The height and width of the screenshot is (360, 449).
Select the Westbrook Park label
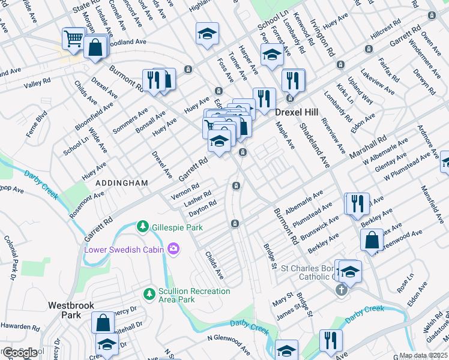tap(71, 310)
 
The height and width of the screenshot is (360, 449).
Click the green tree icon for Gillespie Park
tap(142, 226)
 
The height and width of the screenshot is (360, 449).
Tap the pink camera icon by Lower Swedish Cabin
tap(173, 248)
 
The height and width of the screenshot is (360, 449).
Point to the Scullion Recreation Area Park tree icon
tap(149, 294)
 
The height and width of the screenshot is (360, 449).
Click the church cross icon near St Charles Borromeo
tap(341, 290)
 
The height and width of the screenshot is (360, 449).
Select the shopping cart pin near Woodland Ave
tap(73, 39)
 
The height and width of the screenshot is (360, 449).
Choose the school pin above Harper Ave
tap(272, 55)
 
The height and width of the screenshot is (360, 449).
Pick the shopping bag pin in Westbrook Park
tap(103, 322)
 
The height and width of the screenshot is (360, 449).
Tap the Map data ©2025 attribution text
tap(423, 355)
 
